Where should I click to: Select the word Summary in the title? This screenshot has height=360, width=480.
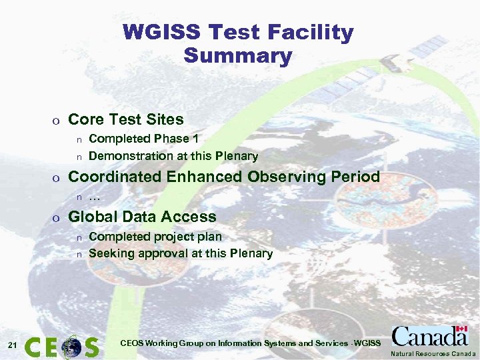(x=238, y=55)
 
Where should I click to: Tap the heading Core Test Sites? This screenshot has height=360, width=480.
(x=126, y=119)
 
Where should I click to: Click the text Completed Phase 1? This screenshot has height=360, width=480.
(x=143, y=139)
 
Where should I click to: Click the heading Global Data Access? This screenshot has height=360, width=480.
(x=143, y=217)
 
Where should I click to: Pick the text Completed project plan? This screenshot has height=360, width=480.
(x=155, y=237)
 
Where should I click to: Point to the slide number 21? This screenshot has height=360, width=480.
(x=12, y=345)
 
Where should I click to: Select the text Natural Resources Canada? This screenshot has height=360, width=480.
(x=433, y=353)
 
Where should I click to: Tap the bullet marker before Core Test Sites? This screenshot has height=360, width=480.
(x=57, y=121)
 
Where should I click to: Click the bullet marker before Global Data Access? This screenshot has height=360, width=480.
(x=57, y=218)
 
